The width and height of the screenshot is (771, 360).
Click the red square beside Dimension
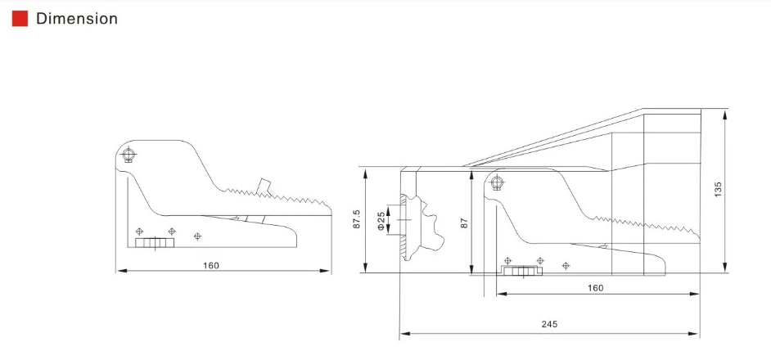tap(20, 19)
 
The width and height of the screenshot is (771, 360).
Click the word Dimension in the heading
tap(77, 19)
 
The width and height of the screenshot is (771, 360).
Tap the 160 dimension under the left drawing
tap(211, 266)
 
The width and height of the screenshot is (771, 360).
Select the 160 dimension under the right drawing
tap(596, 288)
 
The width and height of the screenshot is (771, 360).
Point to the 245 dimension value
tap(549, 324)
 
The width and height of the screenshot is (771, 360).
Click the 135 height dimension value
tap(718, 190)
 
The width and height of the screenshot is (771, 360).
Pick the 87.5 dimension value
tap(357, 219)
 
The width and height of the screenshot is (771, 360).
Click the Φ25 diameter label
tap(381, 221)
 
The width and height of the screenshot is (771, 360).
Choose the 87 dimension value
tap(464, 223)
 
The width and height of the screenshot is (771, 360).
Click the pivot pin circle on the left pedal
tap(128, 155)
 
